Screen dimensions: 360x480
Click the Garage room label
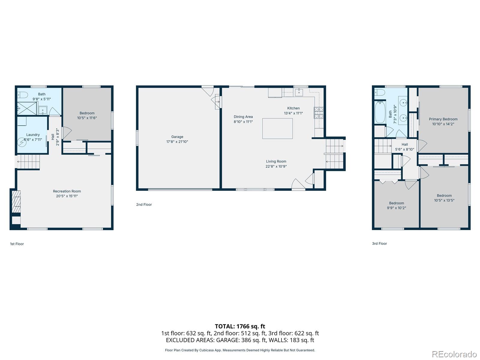[177, 137]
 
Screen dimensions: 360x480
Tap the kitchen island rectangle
[277, 128]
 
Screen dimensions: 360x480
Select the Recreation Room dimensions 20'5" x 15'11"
[67, 196]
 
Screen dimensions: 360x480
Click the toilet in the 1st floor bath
[22, 95]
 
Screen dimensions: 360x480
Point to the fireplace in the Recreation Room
[16, 202]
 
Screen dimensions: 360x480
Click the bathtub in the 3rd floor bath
[380, 112]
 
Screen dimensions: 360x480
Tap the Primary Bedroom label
[443, 119]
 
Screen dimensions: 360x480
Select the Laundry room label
[33, 135]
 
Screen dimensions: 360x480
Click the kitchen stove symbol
[319, 113]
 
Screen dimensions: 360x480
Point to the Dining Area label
[243, 117]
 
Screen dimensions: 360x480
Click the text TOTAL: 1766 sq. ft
[240, 326]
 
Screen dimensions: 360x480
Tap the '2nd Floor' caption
[144, 205]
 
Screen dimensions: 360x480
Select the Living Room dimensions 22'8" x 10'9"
[276, 166]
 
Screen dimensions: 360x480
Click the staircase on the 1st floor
[28, 162]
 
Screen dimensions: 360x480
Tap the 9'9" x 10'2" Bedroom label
[396, 203]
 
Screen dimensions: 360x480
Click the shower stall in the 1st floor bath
[27, 108]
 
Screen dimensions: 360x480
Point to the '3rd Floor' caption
[379, 244]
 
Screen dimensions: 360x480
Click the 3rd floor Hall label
[404, 144]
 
